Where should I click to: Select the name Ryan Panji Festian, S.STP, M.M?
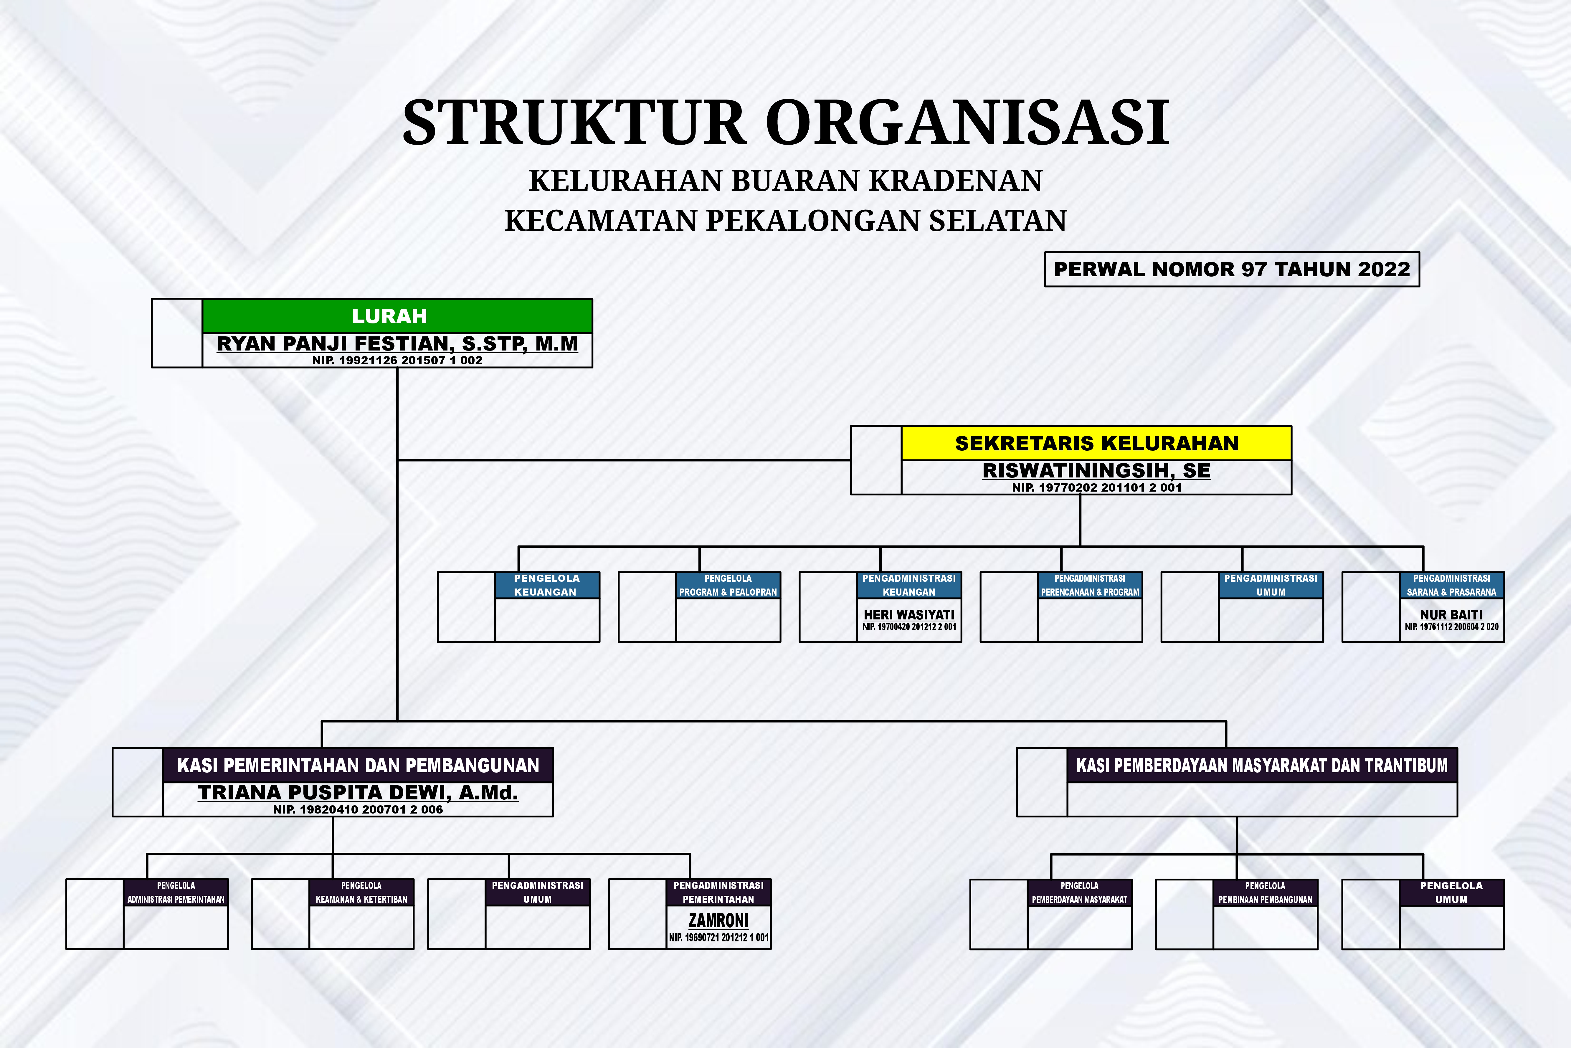(397, 343)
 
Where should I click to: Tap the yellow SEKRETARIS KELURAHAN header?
(1096, 443)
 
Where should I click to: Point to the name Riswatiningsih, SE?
(1096, 470)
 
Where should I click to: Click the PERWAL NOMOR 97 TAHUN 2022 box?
(1231, 269)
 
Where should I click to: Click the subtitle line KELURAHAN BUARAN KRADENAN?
(785, 181)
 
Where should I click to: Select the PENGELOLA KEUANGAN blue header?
(547, 585)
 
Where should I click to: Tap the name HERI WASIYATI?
(909, 614)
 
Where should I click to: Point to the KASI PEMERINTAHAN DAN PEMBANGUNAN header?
(358, 765)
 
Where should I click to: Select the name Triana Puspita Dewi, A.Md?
(358, 793)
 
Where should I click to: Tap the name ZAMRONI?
(719, 920)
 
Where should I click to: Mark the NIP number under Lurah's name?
(397, 360)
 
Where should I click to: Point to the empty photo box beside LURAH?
(177, 333)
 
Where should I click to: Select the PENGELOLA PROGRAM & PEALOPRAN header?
(728, 585)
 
